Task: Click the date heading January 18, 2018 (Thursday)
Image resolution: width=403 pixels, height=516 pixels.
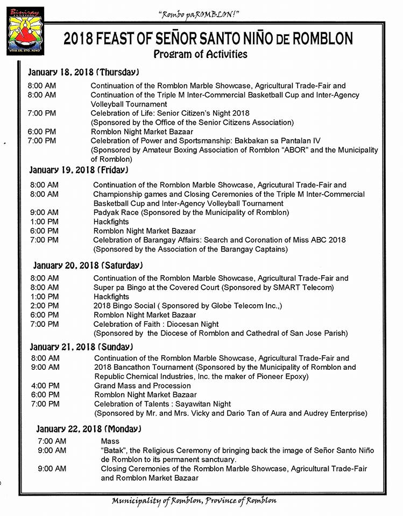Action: (84, 71)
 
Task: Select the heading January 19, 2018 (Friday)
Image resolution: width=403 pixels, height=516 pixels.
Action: (79, 170)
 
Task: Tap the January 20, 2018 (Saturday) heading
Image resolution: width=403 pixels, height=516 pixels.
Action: (87, 266)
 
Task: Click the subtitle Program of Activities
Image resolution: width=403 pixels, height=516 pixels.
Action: (200, 54)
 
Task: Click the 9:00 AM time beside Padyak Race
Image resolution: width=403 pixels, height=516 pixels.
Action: (45, 212)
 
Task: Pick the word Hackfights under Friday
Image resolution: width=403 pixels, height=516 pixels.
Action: (111, 221)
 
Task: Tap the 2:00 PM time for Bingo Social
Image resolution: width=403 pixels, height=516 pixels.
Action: (45, 305)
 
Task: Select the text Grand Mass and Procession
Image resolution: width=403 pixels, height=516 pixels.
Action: (143, 385)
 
